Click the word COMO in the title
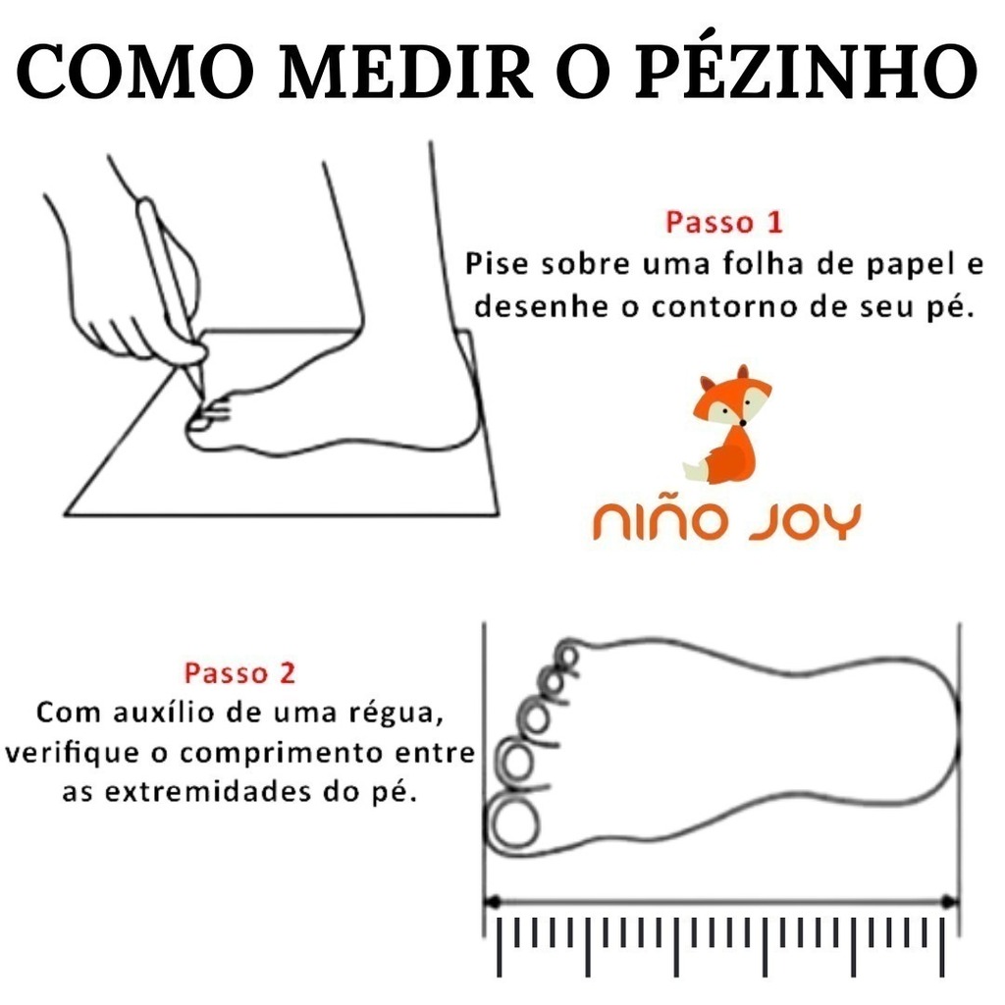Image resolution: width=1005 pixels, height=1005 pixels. (134, 72)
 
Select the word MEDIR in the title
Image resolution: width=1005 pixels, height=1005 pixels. (405, 72)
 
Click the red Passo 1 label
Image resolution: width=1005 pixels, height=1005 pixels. (724, 223)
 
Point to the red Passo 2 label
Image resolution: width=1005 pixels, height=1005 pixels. (239, 673)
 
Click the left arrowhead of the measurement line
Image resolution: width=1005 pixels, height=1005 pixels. (493, 903)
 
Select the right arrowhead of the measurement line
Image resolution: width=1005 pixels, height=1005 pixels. (949, 903)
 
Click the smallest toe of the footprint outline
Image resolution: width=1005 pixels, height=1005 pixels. (567, 653)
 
